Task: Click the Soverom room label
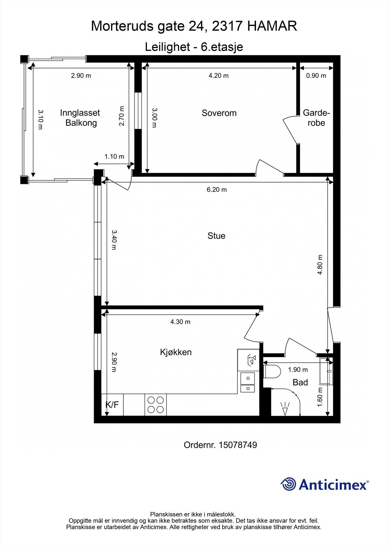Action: point(219,113)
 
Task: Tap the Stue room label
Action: point(216,236)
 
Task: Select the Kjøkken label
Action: point(176,352)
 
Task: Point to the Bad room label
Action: point(300,382)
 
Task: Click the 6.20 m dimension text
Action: point(217,189)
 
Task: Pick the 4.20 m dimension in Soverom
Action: point(219,75)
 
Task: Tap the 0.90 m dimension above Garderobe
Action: point(316,75)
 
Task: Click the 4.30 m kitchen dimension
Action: point(180,322)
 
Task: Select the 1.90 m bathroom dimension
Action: point(298,370)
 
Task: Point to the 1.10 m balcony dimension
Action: point(114,156)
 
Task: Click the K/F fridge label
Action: point(112,405)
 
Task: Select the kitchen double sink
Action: point(248,382)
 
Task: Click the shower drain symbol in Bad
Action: point(285,409)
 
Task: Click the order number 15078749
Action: point(237,445)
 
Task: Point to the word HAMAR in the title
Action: point(272,26)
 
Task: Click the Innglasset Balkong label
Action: point(80,118)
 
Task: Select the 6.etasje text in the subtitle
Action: point(222,47)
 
